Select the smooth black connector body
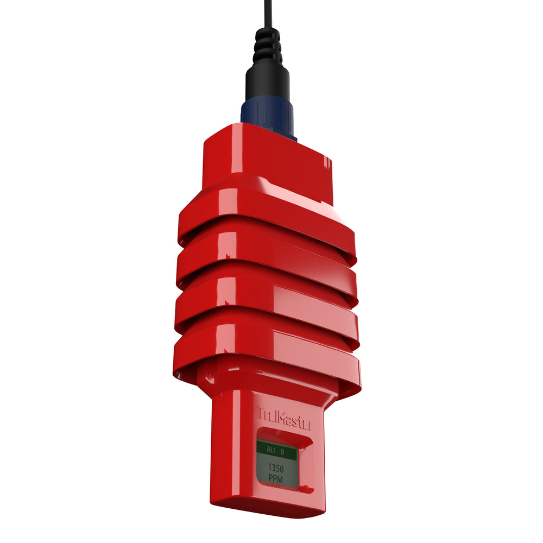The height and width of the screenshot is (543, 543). (x=268, y=84)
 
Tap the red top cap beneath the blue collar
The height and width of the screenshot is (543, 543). (x=266, y=157)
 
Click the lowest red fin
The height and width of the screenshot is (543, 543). (x=266, y=348)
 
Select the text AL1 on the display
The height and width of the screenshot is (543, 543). (x=271, y=450)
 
